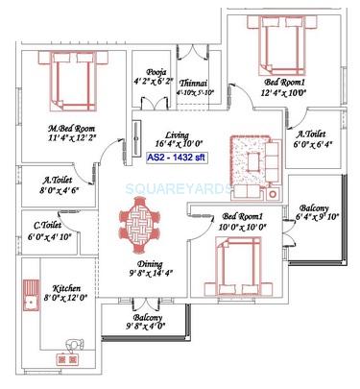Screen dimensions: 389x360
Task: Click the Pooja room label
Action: tap(156, 72)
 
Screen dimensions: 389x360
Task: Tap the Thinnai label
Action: tap(194, 85)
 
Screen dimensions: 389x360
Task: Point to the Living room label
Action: tap(176, 135)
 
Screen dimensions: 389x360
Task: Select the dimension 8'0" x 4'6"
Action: tap(61, 191)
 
